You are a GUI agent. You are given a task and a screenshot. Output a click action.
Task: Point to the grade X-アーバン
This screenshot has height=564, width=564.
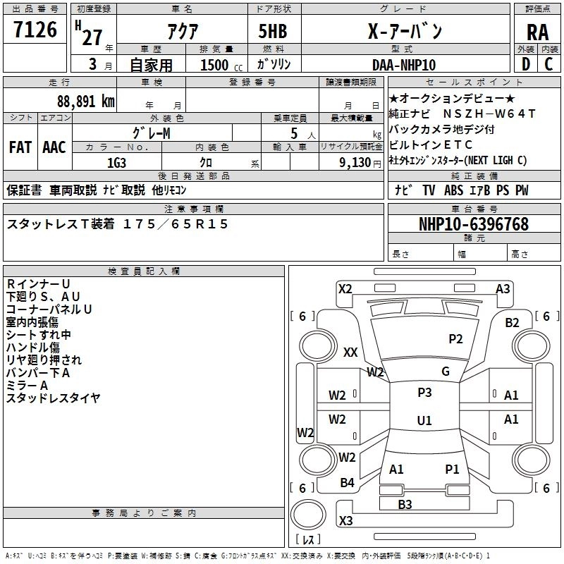point(405,32)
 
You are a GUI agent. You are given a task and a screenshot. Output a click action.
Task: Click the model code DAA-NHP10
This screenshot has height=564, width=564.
point(404,65)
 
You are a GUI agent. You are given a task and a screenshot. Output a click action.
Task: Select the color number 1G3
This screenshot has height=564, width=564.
point(116,161)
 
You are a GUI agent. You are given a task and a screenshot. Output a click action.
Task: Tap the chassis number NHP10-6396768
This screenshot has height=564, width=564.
point(473,224)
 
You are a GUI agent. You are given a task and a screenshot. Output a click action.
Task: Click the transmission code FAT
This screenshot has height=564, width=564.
point(20,147)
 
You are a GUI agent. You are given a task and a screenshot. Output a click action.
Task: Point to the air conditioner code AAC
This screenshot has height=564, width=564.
point(54,147)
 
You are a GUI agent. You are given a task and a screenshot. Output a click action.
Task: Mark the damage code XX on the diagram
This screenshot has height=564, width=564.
point(350,352)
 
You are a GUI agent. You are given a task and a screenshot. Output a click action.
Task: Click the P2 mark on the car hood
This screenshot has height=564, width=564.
point(456,339)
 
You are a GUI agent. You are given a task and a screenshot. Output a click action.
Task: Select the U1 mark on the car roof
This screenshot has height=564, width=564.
point(424,421)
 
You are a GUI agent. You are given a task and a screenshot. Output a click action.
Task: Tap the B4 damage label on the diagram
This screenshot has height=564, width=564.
point(347,483)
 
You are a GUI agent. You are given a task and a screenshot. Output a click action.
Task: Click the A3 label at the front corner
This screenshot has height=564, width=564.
point(503,289)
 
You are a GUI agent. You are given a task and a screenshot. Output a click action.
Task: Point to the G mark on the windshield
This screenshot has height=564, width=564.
point(446,372)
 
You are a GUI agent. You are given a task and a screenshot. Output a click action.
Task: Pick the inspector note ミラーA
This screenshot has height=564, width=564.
point(27,385)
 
